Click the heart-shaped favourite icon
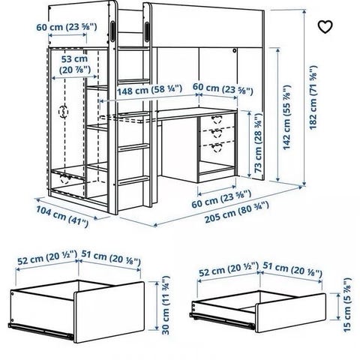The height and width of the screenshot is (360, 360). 325,27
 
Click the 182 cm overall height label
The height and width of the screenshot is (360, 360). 313,97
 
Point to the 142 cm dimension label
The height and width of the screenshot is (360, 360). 287,118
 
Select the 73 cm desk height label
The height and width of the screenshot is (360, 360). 258,142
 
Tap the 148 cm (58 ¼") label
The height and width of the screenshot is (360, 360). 149,90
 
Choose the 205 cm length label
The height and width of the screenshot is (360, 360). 237,212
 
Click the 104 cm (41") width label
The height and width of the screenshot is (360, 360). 62,216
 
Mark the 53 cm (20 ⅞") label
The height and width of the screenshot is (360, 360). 75,64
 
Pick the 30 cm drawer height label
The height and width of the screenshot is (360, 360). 166,305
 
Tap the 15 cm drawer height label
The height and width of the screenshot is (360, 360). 347,304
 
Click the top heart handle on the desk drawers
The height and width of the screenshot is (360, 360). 216,119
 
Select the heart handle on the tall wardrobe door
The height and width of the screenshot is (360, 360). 63,112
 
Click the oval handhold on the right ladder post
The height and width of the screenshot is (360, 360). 146,31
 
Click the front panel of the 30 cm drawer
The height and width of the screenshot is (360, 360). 109,312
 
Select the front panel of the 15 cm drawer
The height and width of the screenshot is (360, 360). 290,313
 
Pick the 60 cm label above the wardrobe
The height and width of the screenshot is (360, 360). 67,27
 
